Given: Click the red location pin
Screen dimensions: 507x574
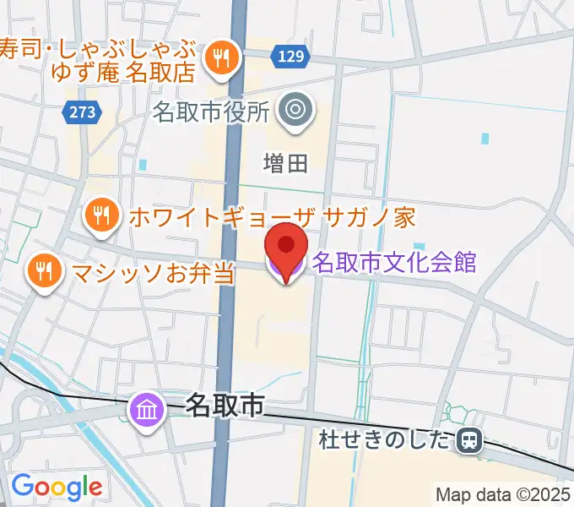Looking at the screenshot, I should click(285, 247).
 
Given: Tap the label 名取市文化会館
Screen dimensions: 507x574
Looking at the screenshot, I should click(394, 262).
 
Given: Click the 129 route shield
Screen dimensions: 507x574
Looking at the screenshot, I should click(289, 57).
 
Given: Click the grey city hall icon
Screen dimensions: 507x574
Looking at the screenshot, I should click(295, 108).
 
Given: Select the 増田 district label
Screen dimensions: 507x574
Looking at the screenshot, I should click(285, 162).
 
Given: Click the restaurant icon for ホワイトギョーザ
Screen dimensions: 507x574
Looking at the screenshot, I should click(101, 216).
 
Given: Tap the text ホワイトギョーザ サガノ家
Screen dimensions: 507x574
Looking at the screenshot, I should click(273, 217).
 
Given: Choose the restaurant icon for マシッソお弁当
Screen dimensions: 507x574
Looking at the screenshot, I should click(42, 271).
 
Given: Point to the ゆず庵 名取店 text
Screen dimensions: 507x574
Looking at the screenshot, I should click(124, 72).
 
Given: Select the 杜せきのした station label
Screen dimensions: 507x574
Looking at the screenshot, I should click(387, 439).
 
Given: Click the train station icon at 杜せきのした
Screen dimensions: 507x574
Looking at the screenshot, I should click(468, 439).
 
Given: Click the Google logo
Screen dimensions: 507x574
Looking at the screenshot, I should click(57, 487).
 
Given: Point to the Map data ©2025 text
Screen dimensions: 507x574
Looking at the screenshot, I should click(503, 494).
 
